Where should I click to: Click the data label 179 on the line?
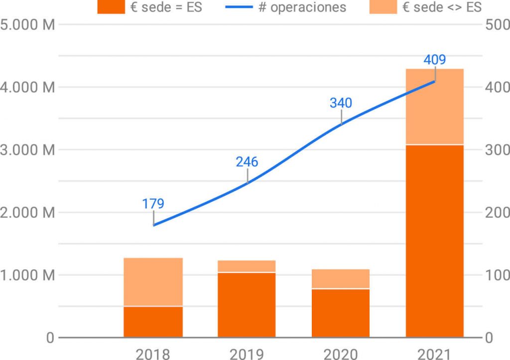pos(153,204)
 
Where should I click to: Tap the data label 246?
pos(247,162)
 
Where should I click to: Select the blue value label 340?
pos(341,103)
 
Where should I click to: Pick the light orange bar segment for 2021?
pos(435,107)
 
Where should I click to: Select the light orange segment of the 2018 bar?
pos(153,282)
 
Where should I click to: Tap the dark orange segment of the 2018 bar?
pos(153,322)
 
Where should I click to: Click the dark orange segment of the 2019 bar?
pos(247,305)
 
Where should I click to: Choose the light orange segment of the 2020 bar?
pos(341,279)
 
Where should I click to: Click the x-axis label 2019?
pos(247,354)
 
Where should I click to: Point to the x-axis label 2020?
pos(341,354)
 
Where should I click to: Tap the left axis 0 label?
pos(50,338)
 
